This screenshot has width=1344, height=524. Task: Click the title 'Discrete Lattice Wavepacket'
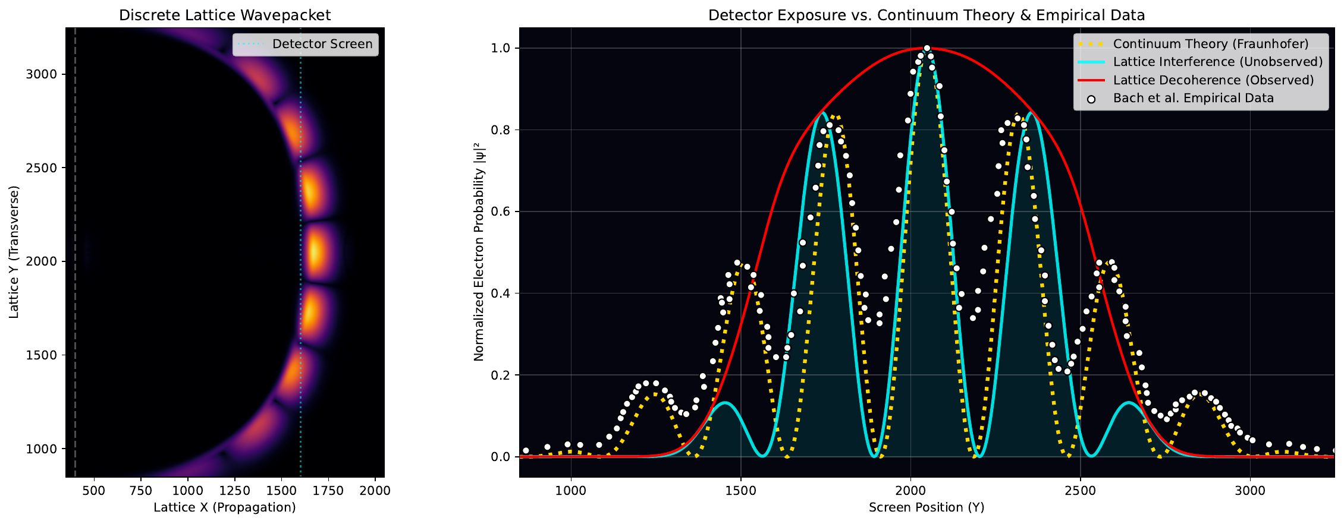(x=225, y=15)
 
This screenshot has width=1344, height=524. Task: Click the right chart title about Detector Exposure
(x=927, y=15)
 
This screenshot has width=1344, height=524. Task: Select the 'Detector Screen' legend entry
(x=322, y=44)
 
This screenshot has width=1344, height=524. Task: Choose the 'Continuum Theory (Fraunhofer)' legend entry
(x=1211, y=44)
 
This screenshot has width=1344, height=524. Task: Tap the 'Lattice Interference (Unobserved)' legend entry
(x=1218, y=62)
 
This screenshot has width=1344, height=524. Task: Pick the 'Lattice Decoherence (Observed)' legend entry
(x=1213, y=80)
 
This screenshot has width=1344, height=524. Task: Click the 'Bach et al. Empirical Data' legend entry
(x=1193, y=98)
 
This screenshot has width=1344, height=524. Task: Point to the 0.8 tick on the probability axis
(x=501, y=130)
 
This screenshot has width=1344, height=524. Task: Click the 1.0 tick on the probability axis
(x=501, y=48)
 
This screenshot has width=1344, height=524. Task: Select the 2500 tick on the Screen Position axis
(x=1080, y=491)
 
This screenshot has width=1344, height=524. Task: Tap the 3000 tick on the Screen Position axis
(x=1250, y=491)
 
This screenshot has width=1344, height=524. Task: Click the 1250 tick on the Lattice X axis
(x=234, y=491)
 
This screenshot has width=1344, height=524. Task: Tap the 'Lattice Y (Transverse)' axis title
(x=14, y=252)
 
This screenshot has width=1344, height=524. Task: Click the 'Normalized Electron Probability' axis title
(x=479, y=252)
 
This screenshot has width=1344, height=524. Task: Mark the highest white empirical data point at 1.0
(x=927, y=48)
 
